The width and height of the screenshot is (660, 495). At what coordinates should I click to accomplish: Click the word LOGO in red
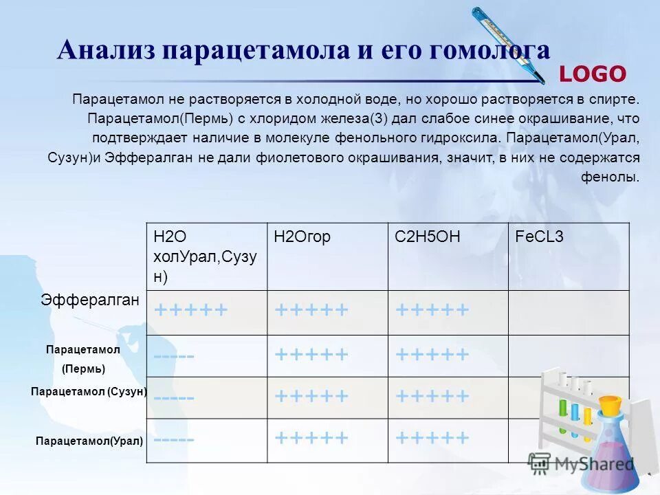[x=593, y=74]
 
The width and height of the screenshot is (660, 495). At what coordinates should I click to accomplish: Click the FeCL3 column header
[x=540, y=237]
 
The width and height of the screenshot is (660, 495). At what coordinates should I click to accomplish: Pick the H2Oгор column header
[x=302, y=237]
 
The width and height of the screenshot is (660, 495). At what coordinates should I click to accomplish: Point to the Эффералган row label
[x=90, y=300]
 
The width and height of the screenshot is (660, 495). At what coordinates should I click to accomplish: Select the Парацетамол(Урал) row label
[x=89, y=441]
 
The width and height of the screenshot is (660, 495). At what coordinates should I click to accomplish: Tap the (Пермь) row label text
[x=83, y=368]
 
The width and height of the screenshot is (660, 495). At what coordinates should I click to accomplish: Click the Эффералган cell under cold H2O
[x=191, y=311]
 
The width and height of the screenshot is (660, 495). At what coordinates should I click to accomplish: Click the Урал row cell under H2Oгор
[x=311, y=438]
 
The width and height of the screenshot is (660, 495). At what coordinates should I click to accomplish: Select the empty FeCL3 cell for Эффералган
[x=569, y=312]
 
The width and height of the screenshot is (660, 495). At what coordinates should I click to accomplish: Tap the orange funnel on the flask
[x=610, y=405]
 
